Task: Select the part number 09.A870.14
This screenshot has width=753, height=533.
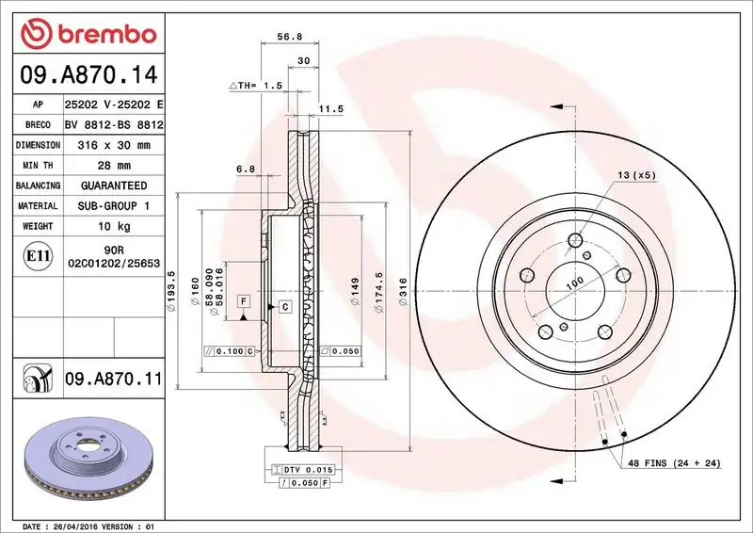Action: coord(86,73)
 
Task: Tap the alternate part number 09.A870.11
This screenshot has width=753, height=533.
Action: coord(114,380)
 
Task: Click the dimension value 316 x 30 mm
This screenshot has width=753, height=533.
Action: coord(112,145)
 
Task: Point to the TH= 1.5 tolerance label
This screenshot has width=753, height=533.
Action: coord(257,85)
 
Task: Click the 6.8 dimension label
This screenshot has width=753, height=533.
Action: coord(246,169)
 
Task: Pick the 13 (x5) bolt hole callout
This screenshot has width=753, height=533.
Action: coord(636,175)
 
